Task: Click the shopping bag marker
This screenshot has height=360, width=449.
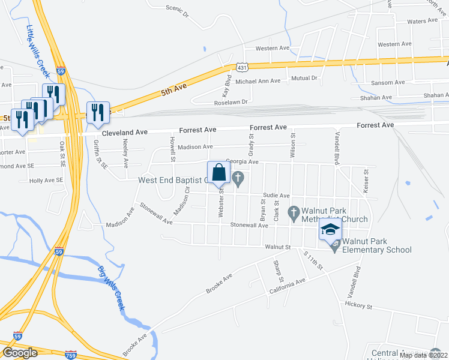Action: coord(218,173)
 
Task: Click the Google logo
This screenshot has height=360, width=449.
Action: coord(19,353)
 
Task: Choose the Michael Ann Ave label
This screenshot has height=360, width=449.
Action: coord(258,81)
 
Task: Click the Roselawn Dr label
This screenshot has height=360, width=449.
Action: coord(231,103)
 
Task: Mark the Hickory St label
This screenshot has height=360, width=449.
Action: coord(359,305)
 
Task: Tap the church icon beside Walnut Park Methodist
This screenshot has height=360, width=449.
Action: coord(294,212)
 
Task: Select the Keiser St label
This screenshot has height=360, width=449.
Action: coord(366,177)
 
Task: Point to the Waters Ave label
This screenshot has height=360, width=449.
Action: coord(423,21)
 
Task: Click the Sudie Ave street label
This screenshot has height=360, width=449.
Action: coord(276,196)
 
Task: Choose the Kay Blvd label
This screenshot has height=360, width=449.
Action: coord(227,87)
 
